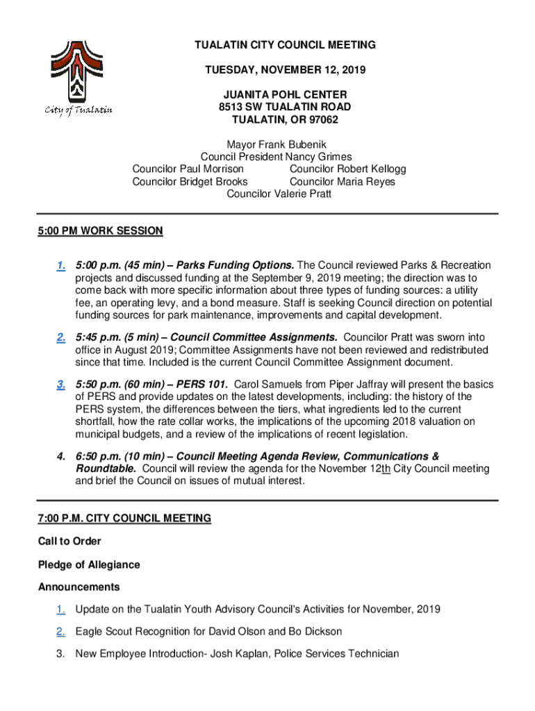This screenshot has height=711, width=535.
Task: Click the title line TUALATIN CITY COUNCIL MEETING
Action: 285,45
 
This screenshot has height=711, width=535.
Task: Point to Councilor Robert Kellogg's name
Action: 348,169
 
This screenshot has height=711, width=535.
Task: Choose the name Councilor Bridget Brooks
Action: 190,182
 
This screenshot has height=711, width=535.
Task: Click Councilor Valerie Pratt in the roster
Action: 279,194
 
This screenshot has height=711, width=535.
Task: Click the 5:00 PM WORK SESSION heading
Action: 101,231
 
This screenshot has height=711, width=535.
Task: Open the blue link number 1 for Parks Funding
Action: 61,266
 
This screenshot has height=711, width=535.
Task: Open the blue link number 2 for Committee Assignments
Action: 61,337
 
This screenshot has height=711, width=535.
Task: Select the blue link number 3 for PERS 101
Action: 61,385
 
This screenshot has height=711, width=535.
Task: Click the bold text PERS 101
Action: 202,385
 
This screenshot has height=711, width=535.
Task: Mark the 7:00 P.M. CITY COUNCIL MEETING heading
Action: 124,519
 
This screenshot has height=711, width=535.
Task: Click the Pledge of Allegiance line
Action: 89,565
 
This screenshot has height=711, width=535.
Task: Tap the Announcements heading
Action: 79,587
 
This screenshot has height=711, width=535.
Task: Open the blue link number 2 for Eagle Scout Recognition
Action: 61,632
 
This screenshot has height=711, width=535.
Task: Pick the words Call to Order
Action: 69,542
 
